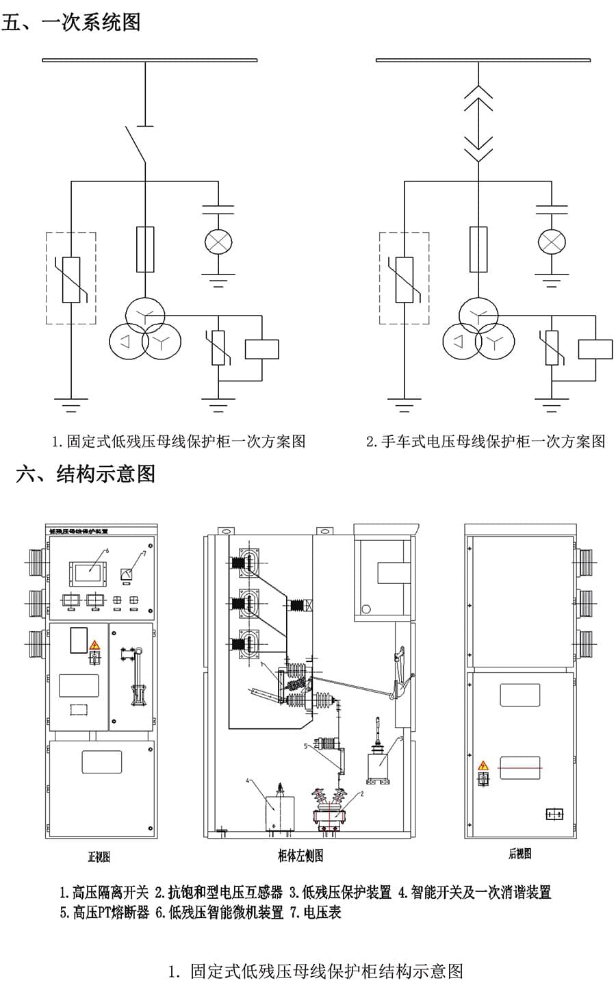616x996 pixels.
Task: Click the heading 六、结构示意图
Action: tap(86, 474)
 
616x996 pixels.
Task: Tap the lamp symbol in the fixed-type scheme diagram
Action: tap(219, 241)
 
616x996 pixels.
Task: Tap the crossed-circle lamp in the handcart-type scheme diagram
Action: tap(552, 241)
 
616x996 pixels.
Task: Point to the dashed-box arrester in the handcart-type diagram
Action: tap(405, 278)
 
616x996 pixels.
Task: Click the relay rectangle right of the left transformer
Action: tap(261, 349)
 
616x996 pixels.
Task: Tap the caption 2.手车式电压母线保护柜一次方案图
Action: tap(486, 442)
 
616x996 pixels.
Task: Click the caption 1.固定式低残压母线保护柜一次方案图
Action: tap(179, 442)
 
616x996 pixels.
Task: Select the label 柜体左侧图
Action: tap(300, 856)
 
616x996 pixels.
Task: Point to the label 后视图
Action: tap(519, 854)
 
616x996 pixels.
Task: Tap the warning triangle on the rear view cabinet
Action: tap(483, 765)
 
